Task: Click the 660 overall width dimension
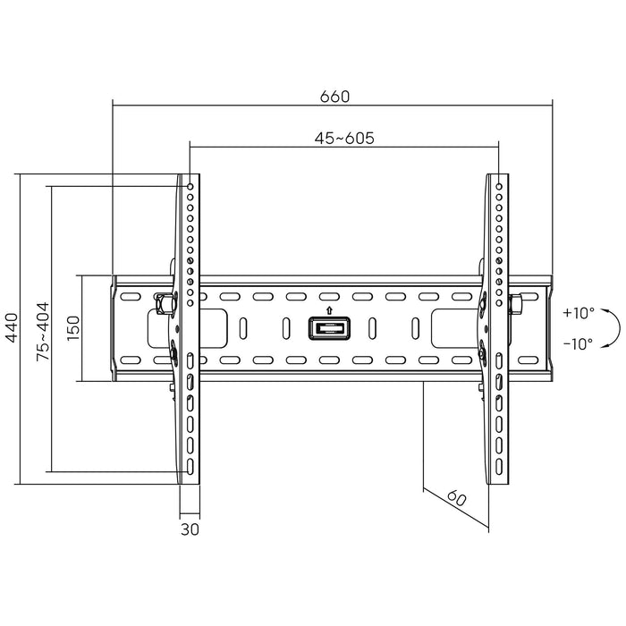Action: [x=332, y=96]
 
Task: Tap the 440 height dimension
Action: [x=12, y=329]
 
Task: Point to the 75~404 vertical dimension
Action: [x=42, y=330]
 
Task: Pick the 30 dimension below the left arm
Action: [x=189, y=529]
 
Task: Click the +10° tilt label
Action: [x=579, y=313]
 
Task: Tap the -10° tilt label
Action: [x=579, y=343]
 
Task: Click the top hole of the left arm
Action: [x=190, y=187]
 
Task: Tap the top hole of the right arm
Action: [x=498, y=187]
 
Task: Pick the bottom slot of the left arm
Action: [x=190, y=467]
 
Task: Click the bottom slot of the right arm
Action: [x=498, y=467]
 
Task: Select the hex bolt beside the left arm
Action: [x=162, y=303]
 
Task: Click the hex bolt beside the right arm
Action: [x=516, y=303]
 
